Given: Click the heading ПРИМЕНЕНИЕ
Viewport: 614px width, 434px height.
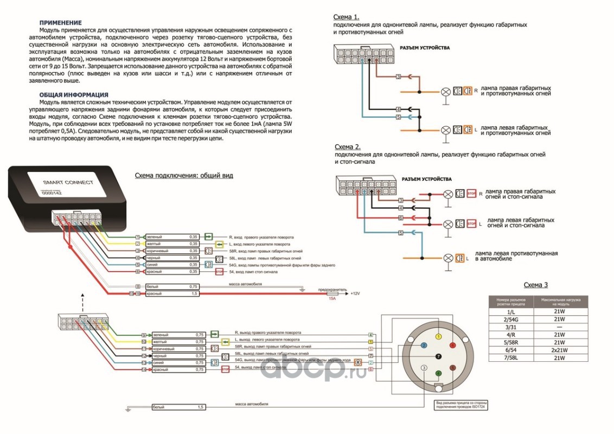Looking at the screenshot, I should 61,23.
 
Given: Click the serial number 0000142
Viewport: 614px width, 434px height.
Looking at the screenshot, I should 52,193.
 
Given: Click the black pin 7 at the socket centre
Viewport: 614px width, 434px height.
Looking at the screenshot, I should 438,356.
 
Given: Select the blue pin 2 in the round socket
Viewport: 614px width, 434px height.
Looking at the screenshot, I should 424,345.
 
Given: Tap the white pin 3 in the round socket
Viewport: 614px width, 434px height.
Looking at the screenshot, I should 424,369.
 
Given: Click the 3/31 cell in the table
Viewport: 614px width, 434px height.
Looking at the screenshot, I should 509,327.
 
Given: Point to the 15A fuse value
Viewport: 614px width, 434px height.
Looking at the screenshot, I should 332,298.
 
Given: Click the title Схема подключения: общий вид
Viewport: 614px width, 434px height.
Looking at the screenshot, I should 183,175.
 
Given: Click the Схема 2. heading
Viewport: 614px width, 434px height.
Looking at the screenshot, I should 348,147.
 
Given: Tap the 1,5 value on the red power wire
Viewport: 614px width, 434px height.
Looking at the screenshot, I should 194,293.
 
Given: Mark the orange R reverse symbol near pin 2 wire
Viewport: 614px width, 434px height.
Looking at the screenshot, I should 358,362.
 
